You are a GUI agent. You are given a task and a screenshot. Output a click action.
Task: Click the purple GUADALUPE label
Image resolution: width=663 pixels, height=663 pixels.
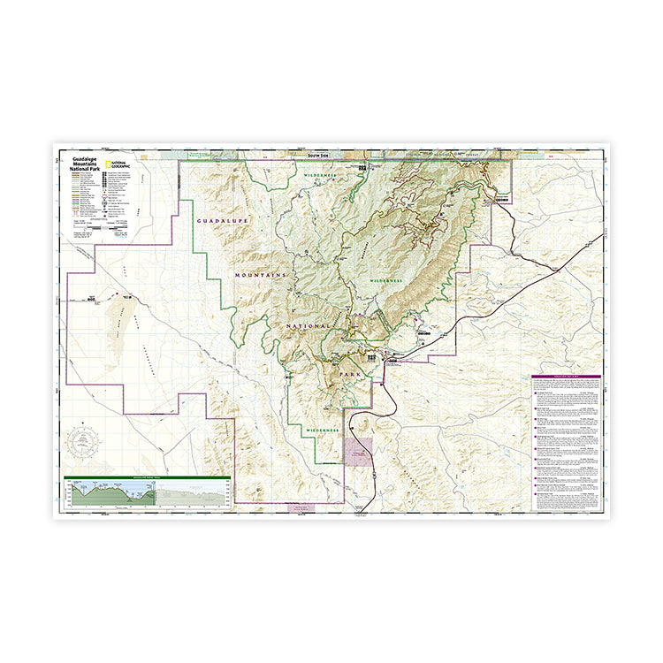pos(223,219)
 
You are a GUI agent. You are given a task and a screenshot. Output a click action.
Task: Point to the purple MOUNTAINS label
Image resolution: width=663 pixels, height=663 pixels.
pos(261,276)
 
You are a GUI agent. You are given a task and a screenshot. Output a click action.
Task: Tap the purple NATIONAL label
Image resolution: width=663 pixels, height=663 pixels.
pos(308,326)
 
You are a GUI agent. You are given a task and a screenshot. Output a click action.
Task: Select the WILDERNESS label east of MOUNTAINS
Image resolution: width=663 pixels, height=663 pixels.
pos(385,279)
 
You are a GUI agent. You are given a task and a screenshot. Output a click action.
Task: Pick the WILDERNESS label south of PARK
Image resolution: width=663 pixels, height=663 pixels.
pos(323,429)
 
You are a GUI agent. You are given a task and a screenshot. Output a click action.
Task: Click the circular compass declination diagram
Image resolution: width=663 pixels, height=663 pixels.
pos(86,439)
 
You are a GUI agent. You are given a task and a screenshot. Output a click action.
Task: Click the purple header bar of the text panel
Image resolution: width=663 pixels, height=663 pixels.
pos(566,377)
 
